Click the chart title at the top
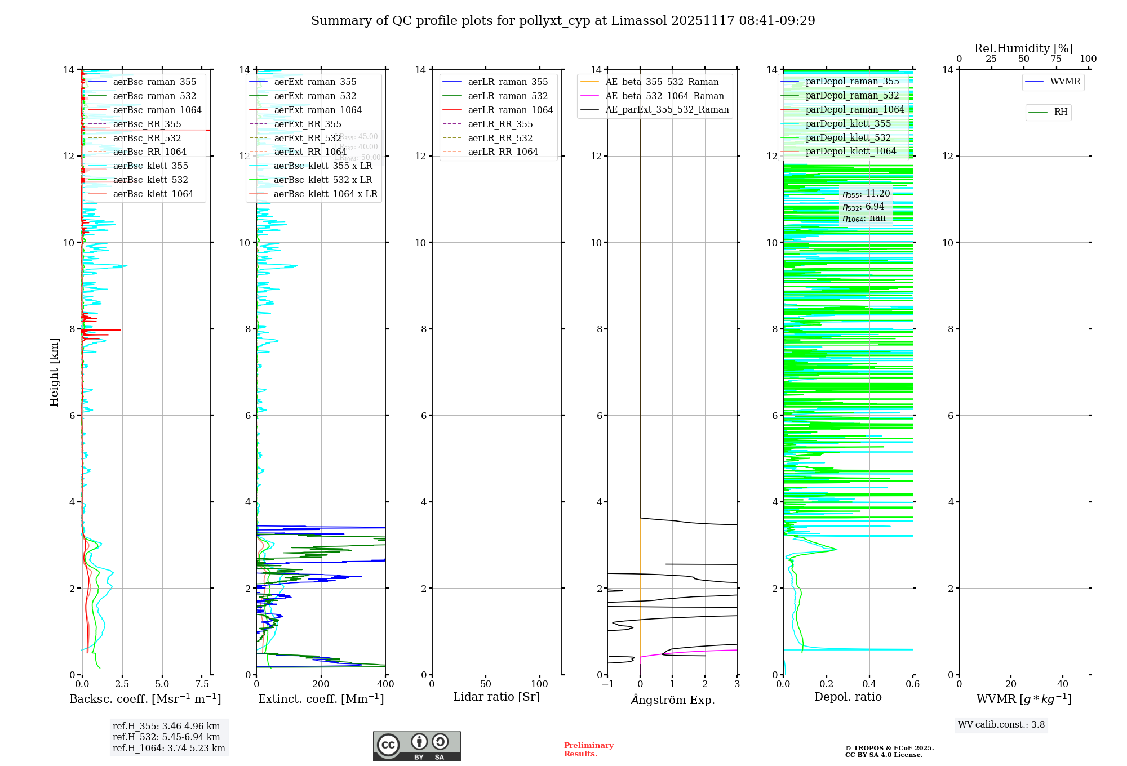[563, 21]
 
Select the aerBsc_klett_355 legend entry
[150, 166]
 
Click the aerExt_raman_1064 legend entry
[318, 110]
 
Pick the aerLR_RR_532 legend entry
[500, 138]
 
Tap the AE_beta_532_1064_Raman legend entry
[664, 96]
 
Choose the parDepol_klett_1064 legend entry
[850, 152]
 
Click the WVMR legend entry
[1065, 82]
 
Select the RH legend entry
[1061, 112]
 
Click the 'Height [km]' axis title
[54, 372]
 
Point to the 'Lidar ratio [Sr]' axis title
[496, 697]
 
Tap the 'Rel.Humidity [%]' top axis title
[1023, 48]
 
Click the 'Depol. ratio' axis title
[848, 697]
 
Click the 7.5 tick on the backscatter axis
[202, 684]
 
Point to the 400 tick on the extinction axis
[385, 684]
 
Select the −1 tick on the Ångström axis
[607, 684]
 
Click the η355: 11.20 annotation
[866, 194]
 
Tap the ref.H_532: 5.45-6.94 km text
[166, 737]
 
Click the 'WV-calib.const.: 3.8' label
[1001, 725]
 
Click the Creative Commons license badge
[416, 746]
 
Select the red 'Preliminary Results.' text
[588, 750]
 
